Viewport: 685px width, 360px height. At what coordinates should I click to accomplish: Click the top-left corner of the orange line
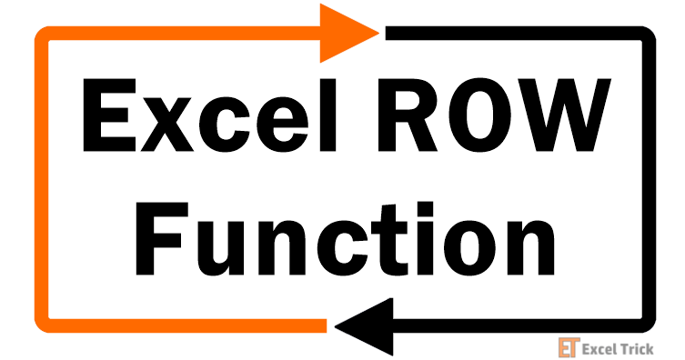(x=41, y=35)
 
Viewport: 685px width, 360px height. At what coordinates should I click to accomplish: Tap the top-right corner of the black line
(x=649, y=35)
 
